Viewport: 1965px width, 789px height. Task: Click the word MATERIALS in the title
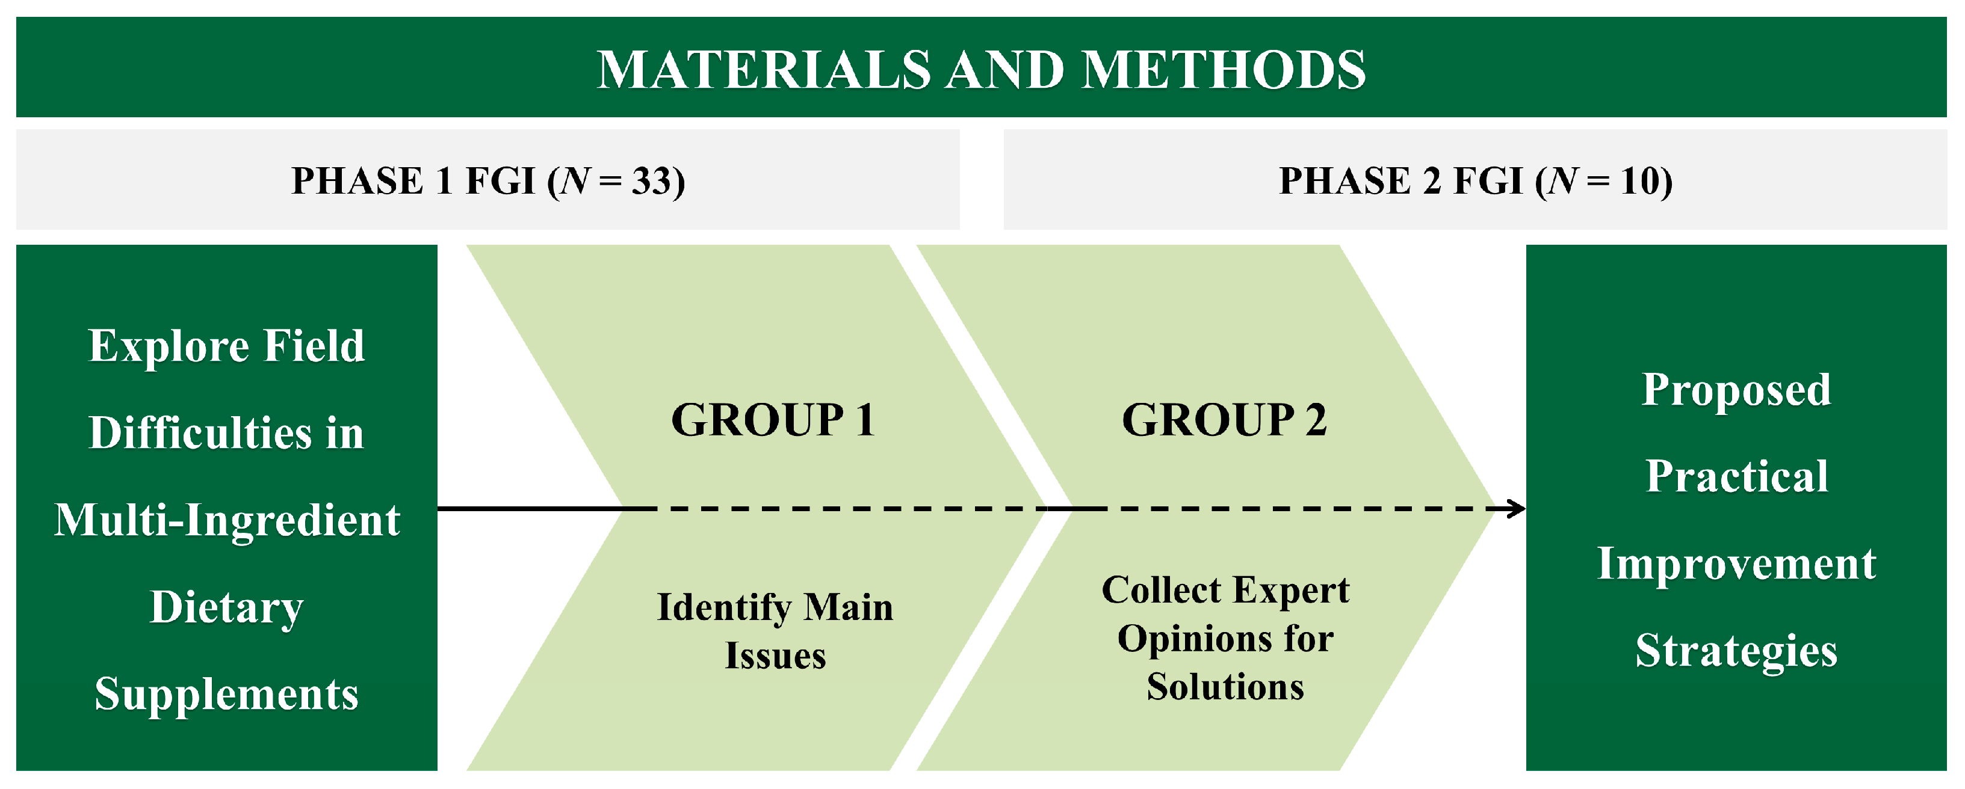[763, 70]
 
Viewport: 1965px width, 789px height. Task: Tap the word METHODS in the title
[1224, 70]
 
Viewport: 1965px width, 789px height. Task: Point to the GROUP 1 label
[773, 420]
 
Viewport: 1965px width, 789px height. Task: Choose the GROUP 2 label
[1224, 420]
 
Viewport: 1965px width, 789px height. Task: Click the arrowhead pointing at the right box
[1517, 509]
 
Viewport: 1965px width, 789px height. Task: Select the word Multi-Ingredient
[226, 521]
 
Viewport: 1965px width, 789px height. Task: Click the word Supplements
[226, 695]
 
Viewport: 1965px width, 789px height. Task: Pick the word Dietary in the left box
[226, 607]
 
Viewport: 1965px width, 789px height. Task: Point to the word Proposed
[1736, 390]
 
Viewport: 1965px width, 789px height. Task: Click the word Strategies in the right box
[1736, 651]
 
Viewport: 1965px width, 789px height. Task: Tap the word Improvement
[1736, 564]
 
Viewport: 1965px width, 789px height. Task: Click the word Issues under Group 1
[775, 655]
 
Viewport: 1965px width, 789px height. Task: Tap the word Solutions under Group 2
[1225, 687]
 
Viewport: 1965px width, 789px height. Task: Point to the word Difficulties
[200, 434]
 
